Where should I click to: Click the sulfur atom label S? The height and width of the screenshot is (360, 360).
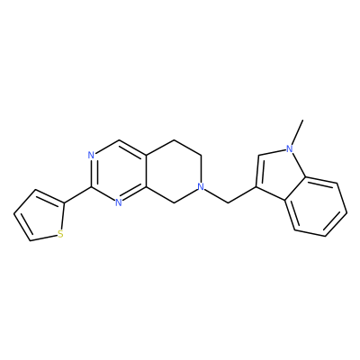pos(60,234)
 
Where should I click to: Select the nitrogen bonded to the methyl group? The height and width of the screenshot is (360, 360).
pos(289,148)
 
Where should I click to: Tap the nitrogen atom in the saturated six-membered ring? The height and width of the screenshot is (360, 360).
pos(202,187)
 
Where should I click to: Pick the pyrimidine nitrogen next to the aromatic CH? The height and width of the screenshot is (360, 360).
pos(92,156)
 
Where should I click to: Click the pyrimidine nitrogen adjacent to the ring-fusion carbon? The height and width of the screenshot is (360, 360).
pos(119,202)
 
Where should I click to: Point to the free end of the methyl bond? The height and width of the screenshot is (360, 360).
pos(303,121)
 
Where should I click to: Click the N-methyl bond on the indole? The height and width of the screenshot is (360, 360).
pos(297,132)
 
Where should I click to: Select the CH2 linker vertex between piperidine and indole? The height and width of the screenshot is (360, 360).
pos(229,203)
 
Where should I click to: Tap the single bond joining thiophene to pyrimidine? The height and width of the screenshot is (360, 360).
pos(78,195)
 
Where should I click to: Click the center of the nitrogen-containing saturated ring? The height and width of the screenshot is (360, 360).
pos(174,172)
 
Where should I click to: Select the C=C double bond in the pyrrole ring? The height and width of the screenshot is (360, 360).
pos(257,171)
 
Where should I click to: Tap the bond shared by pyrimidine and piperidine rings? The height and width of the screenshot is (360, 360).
pos(146,172)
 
